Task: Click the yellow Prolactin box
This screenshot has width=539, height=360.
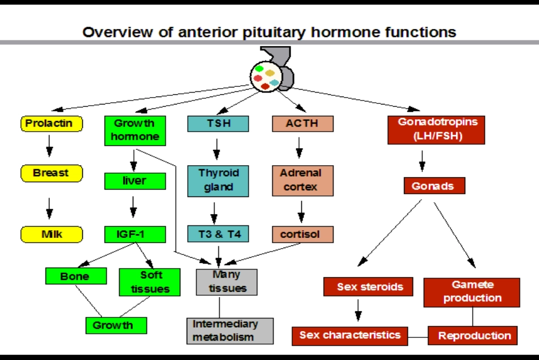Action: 51,123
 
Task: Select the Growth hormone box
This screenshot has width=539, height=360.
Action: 136,130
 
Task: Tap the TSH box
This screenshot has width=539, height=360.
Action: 218,123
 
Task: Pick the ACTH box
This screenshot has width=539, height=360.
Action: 302,123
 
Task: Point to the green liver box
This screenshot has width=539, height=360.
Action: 135,181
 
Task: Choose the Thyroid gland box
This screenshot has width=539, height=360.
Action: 218,180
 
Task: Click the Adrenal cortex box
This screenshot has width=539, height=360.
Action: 302,180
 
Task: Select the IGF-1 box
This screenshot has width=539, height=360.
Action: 135,234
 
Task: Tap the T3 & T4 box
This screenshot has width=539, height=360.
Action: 218,234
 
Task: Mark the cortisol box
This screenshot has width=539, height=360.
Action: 302,234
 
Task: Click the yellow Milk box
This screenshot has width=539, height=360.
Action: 52,234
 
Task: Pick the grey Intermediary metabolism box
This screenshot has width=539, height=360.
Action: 230,330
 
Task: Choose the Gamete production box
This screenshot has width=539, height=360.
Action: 472,292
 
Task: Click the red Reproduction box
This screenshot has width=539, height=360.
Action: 473,336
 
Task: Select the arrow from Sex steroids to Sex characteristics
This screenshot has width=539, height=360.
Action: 359,310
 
